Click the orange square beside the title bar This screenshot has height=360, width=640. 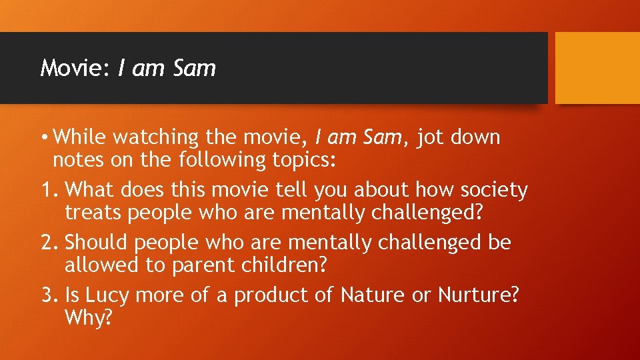coord(597,68)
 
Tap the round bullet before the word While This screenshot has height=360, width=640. coord(43,138)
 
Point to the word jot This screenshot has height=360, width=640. coord(435,138)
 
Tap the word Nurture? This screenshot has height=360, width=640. coord(479,295)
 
